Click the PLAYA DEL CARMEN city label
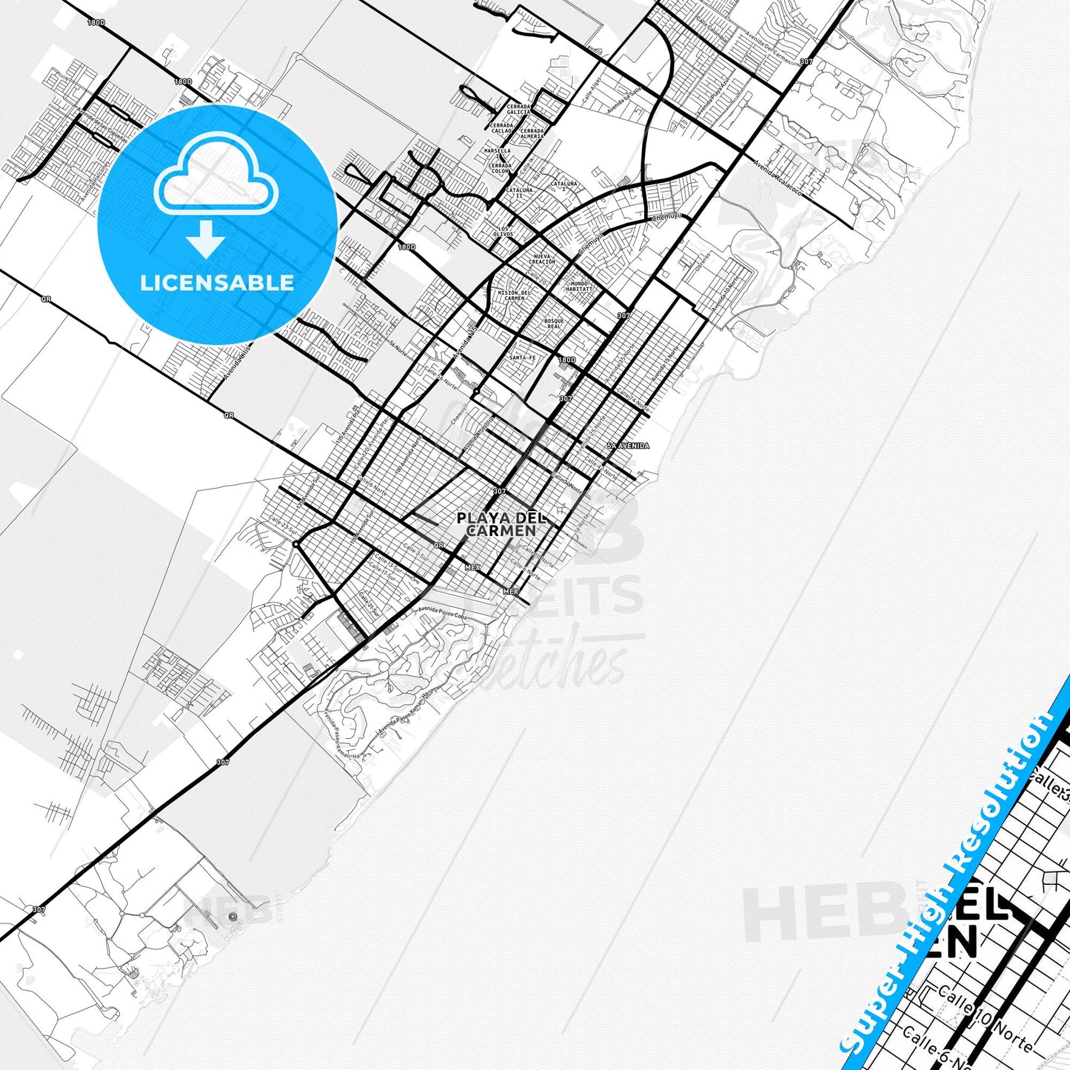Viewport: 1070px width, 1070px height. [496, 524]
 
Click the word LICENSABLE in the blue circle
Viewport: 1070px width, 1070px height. [217, 282]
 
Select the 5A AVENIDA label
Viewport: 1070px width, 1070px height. [628, 446]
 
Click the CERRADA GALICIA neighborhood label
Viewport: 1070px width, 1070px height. [518, 109]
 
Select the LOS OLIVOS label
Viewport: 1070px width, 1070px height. [504, 231]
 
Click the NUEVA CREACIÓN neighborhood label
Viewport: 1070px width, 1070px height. [541, 259]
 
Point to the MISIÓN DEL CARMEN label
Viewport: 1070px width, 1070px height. [514, 295]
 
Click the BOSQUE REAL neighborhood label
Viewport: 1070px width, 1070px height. [554, 323]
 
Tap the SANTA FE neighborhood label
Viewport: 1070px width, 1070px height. [521, 358]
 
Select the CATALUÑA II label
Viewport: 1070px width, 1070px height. [518, 193]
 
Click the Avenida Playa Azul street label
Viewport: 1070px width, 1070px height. [712, 94]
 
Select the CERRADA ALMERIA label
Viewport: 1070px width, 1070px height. [532, 133]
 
